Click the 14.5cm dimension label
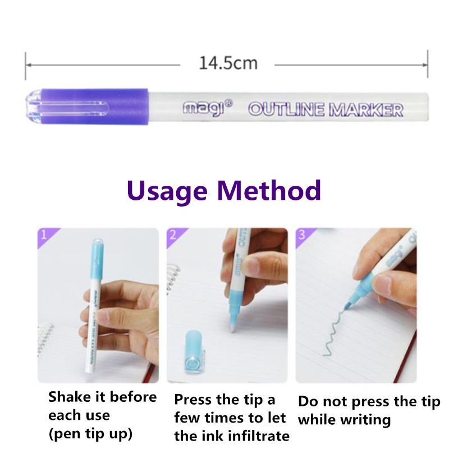pyautogui.click(x=228, y=63)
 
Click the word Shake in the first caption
pyautogui.click(x=70, y=397)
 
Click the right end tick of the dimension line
pyautogui.click(x=428, y=63)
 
